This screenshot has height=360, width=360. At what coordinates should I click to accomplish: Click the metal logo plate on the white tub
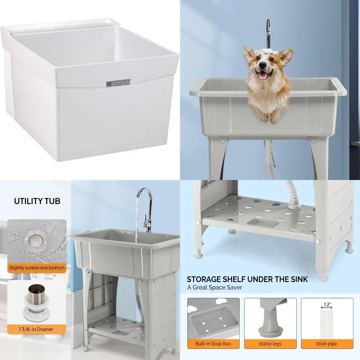tap(117, 82)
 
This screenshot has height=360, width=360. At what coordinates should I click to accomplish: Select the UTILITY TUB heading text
tap(37, 201)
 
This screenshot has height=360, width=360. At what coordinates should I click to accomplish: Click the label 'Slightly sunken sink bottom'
tap(37, 268)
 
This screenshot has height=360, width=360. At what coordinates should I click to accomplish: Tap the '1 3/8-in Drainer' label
tap(37, 329)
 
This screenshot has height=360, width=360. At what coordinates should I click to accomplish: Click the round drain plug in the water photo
tap(35, 239)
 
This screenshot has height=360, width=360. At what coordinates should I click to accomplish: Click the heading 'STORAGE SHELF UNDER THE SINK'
tap(247, 279)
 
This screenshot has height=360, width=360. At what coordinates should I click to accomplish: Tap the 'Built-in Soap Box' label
tap(213, 343)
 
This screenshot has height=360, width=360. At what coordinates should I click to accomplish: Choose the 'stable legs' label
tap(270, 343)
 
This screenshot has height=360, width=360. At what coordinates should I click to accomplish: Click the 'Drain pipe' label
tap(327, 343)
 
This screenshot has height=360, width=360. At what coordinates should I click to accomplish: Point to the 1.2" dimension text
tap(326, 304)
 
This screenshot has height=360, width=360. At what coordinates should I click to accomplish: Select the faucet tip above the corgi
tap(268, 24)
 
